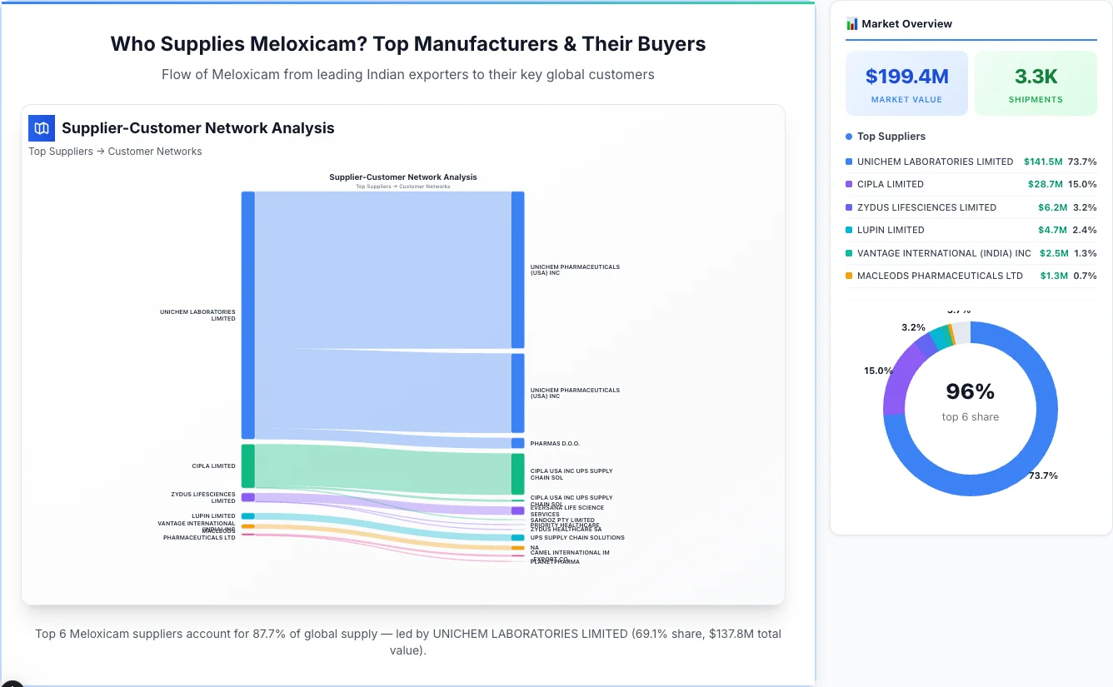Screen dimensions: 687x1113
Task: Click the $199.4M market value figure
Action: click(906, 77)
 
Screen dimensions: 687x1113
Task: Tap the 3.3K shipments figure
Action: click(1036, 77)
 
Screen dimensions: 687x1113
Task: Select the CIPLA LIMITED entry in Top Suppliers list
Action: click(890, 184)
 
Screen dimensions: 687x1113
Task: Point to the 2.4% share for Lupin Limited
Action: click(1085, 230)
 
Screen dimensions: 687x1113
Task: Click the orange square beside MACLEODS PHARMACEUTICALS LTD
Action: click(849, 276)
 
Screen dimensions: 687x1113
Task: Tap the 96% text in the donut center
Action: click(970, 391)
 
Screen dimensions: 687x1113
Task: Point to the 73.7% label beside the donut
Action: click(1043, 475)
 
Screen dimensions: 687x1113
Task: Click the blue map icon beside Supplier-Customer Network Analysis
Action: click(42, 128)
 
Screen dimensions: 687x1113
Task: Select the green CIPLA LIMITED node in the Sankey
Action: click(248, 466)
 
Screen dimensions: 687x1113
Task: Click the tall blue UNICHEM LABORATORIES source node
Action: click(248, 315)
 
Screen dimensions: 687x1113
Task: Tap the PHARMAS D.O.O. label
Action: click(555, 444)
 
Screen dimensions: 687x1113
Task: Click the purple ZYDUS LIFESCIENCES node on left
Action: click(248, 497)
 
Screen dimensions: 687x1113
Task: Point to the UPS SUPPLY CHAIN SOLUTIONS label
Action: click(577, 538)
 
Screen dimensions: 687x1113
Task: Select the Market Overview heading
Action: click(906, 23)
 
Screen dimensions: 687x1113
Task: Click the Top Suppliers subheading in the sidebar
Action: click(891, 137)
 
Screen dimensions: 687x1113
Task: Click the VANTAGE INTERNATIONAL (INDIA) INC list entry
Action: click(944, 253)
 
